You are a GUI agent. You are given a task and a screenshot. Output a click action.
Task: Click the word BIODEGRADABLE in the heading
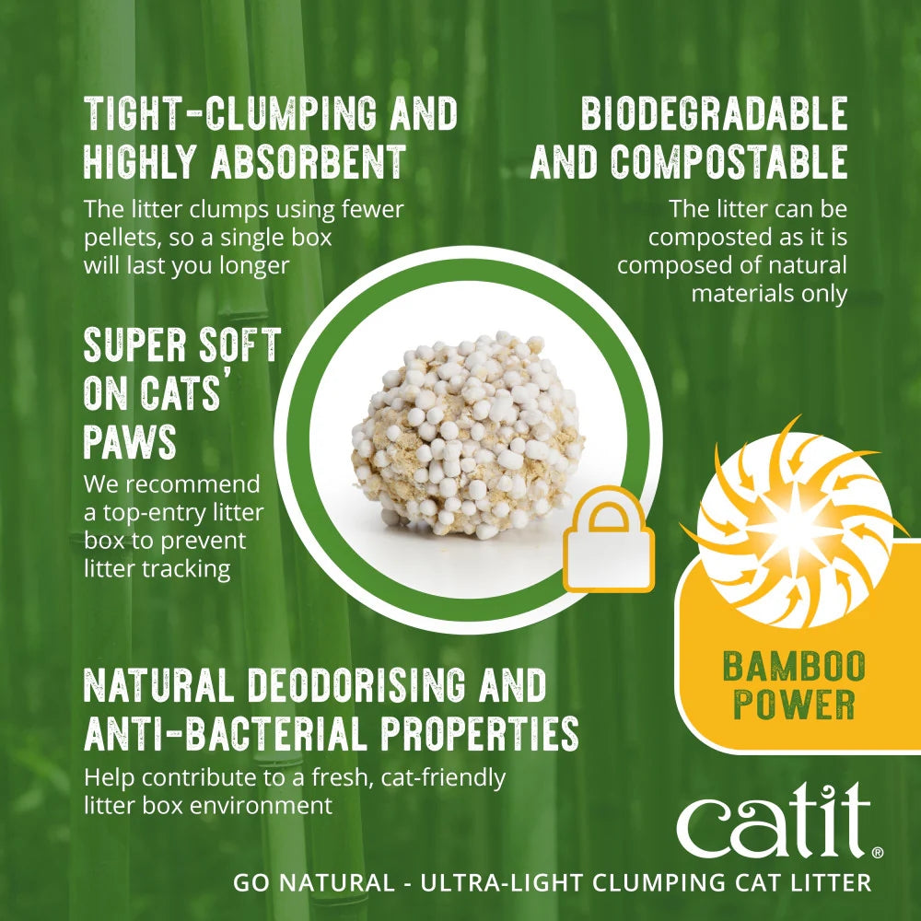(x=714, y=114)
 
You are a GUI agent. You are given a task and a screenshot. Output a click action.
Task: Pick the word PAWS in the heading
(x=130, y=442)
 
